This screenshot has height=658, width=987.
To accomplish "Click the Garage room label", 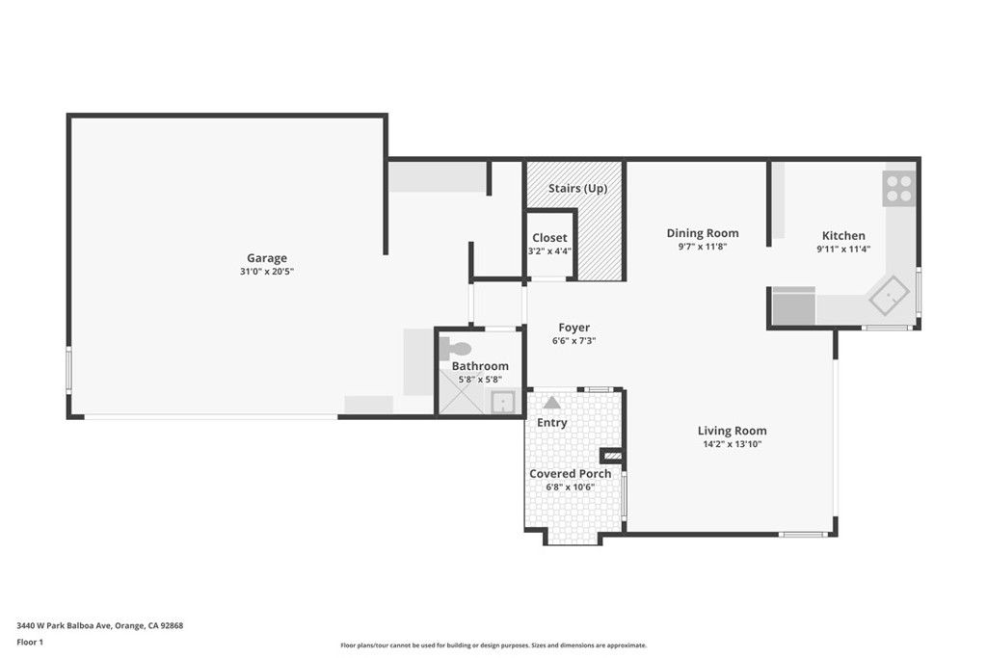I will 266,257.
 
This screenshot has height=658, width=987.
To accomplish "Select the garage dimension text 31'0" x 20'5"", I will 266,272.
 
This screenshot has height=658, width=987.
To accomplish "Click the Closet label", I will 549,238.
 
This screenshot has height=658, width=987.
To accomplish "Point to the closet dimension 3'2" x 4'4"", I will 549,251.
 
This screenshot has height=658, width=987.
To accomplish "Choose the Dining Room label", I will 703,232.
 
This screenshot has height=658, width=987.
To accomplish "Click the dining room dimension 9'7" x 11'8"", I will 703,247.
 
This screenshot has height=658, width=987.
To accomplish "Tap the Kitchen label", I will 842,235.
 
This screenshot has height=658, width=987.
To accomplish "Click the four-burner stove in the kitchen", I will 898,188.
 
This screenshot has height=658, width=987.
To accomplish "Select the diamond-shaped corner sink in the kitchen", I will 889,295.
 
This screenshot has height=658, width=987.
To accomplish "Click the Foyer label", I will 574,328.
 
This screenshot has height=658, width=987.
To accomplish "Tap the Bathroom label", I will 480,366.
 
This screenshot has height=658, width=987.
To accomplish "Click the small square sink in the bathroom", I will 501,402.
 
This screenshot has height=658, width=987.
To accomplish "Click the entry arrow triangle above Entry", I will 551,403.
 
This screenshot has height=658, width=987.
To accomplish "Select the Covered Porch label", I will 570,473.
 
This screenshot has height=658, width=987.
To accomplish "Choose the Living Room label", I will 732,431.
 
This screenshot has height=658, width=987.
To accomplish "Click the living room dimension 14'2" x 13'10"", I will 732,445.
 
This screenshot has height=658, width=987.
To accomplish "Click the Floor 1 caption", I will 31,642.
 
